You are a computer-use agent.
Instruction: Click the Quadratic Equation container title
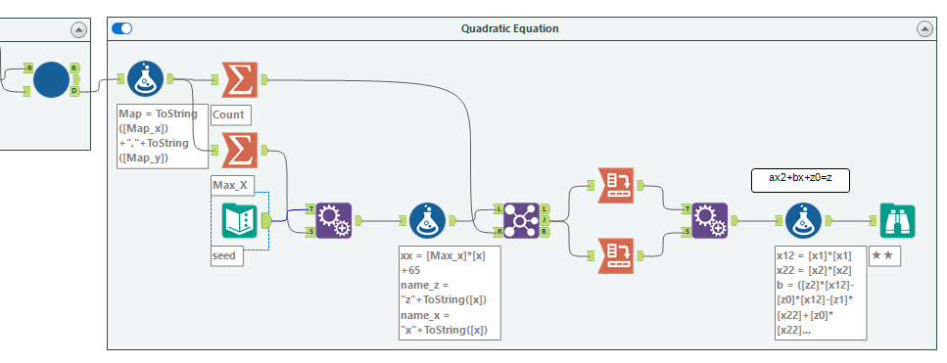pos(510,28)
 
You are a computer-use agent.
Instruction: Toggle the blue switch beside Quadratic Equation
pos(122,28)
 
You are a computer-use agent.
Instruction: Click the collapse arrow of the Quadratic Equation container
pos(924,29)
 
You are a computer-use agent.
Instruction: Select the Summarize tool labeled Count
pos(240,79)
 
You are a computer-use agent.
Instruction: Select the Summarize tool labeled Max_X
pos(240,150)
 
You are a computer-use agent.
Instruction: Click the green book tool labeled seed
pos(239,221)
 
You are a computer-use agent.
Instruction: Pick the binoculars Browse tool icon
pos(897,221)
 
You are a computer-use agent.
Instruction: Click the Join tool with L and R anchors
pos(521,221)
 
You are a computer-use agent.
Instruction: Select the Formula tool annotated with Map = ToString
pos(145,78)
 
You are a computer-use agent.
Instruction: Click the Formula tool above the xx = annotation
pos(428,221)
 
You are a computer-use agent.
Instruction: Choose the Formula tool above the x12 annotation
pos(803,221)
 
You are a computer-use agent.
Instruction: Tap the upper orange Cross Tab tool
pos(615,186)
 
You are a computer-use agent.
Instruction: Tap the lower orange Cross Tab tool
pos(615,255)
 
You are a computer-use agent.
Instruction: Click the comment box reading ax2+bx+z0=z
pos(800,180)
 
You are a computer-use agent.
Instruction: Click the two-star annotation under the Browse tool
pos(884,255)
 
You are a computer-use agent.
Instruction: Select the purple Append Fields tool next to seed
pos(333,221)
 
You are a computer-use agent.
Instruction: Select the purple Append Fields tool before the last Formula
pos(710,221)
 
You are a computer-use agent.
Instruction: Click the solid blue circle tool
pos(51,79)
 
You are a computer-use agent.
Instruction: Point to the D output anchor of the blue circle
pos(74,91)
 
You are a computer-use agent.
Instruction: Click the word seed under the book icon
pos(223,255)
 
